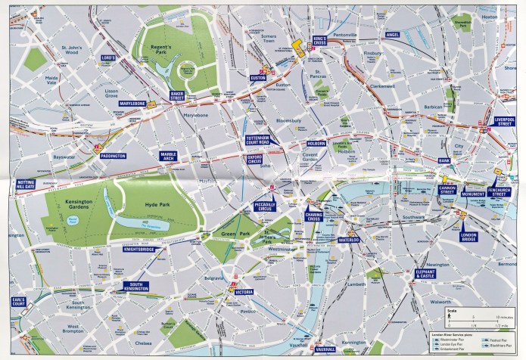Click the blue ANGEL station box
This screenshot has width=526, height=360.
click(x=392, y=35)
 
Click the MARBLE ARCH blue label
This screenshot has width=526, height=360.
click(x=168, y=157)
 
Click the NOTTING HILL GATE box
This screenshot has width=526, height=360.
click(x=26, y=186)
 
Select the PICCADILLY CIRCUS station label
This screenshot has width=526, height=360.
click(x=266, y=206)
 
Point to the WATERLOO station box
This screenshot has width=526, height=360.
click(x=349, y=240)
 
